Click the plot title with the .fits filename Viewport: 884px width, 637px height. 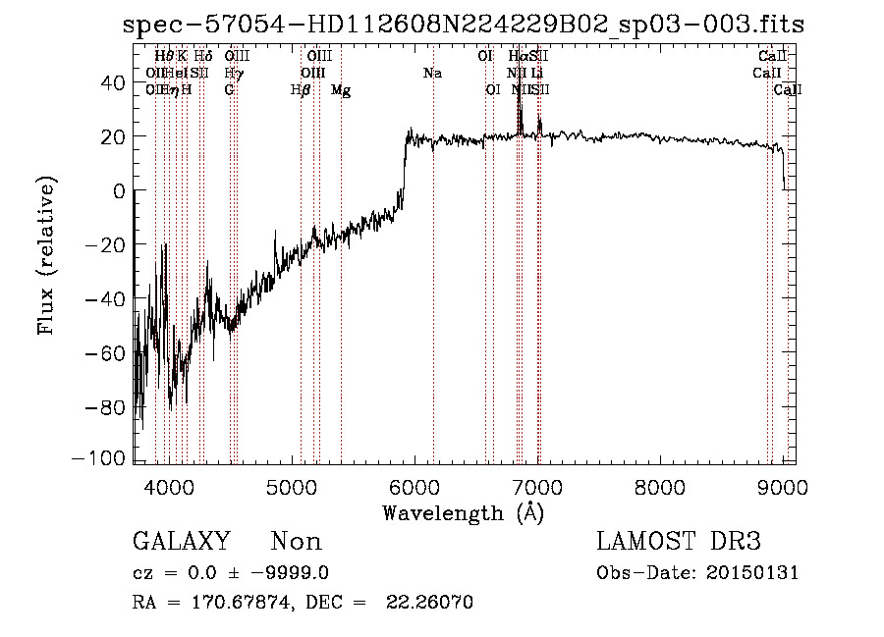pyautogui.click(x=464, y=25)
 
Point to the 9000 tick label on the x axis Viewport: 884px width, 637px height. pyautogui.click(x=783, y=486)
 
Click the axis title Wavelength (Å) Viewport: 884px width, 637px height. pyautogui.click(x=463, y=512)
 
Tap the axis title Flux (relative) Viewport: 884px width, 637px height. pyautogui.click(x=46, y=256)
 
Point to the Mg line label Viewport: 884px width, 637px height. pyautogui.click(x=340, y=90)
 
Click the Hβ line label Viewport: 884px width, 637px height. pyautogui.click(x=301, y=90)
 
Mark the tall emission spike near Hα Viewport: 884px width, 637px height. pyautogui.click(x=520, y=108)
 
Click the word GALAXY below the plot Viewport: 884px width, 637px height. pyautogui.click(x=181, y=542)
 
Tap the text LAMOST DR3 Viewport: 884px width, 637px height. pyautogui.click(x=679, y=542)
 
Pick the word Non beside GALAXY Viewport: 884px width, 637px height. pyautogui.click(x=296, y=542)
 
